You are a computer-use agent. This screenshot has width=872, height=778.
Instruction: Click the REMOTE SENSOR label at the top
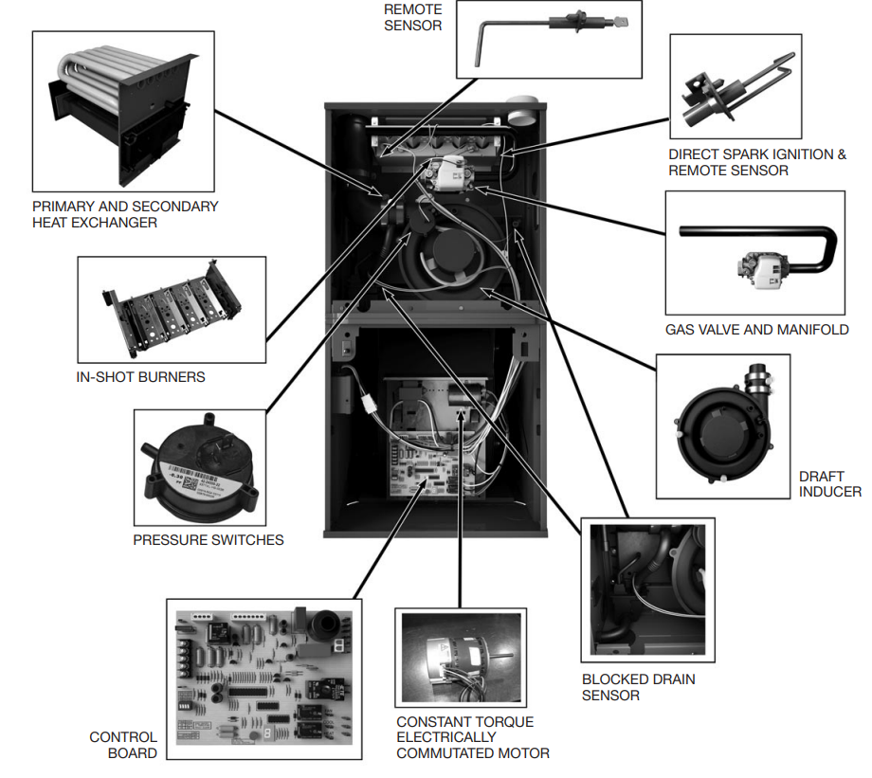pos(412,16)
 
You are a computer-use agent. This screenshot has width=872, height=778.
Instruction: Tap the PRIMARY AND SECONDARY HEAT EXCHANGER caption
pos(124,214)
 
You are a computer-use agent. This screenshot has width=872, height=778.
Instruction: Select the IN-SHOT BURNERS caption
pos(139,377)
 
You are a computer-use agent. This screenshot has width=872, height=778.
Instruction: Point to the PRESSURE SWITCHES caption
pos(208,540)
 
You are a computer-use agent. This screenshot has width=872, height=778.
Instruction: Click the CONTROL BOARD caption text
pos(123,745)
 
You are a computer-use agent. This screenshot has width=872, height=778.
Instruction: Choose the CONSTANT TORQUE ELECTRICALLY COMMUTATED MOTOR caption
pos(472,737)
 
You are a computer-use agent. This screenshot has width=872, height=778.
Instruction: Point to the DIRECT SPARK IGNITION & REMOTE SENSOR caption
pos(756,162)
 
